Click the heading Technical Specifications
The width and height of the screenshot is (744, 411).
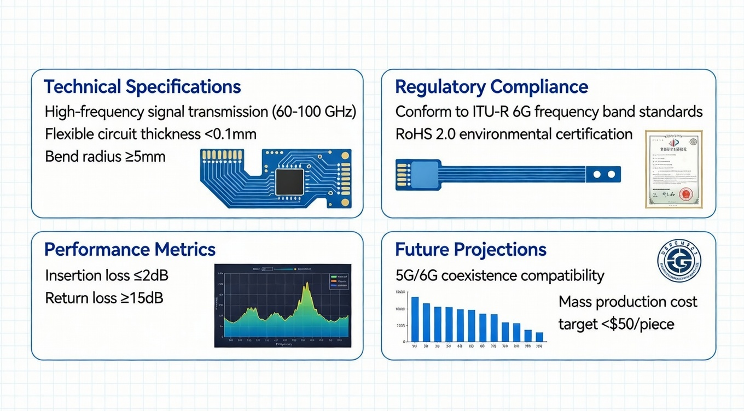point(142,87)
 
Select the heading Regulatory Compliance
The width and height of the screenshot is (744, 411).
point(491,87)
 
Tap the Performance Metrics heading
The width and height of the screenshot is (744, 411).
point(130,250)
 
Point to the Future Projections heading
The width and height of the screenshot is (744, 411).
point(470,250)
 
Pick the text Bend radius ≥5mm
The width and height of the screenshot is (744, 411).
point(105,157)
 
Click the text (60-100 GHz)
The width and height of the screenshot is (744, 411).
point(313,112)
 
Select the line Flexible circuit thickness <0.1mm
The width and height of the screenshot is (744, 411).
point(150,134)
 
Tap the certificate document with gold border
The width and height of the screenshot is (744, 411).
point(673,169)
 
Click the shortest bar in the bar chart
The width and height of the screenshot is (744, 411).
point(539,337)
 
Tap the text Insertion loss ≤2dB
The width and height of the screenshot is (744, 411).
point(107,275)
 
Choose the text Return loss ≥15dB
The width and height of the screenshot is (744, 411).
point(104,298)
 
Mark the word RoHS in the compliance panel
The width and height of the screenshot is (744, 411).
point(413,134)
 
